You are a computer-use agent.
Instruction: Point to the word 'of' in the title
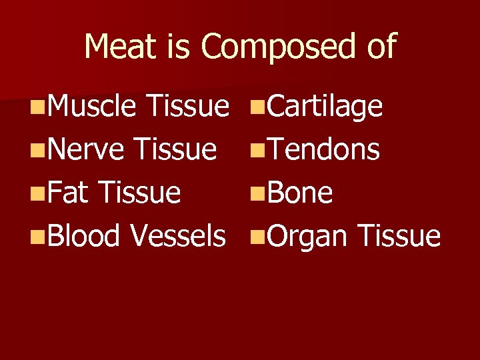click(377, 47)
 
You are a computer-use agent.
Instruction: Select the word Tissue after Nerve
click(174, 150)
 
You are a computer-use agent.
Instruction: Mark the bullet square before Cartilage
click(255, 107)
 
